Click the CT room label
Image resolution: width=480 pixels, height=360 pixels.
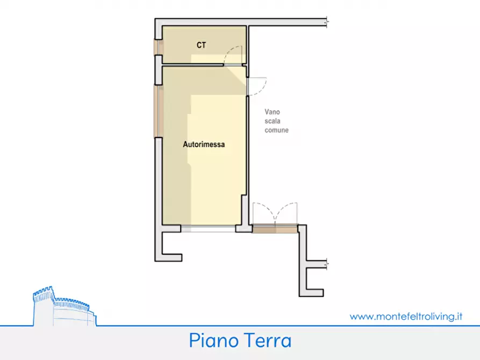(201, 46)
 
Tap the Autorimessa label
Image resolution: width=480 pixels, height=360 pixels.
(204, 145)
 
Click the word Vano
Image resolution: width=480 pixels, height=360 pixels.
(272, 113)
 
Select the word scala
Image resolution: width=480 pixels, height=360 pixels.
(272, 121)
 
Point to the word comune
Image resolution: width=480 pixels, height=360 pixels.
(276, 130)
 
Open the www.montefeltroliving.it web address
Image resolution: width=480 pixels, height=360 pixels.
(406, 316)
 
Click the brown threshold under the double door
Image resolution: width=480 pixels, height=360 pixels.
(275, 229)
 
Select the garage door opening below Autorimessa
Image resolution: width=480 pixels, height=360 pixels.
(208, 229)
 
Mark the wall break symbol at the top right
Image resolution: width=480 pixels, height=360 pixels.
(327, 22)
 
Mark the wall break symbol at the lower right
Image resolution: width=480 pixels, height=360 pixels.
(327, 264)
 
